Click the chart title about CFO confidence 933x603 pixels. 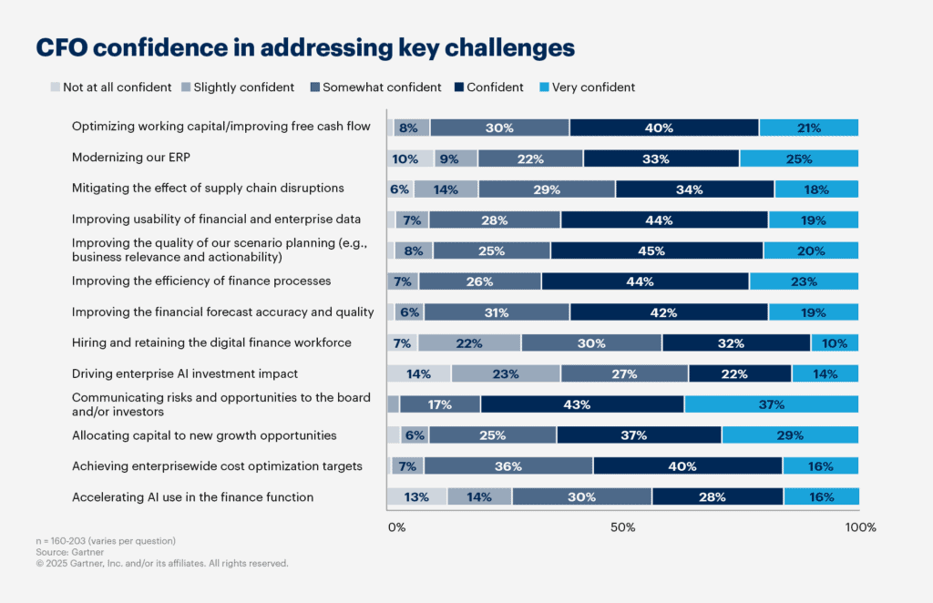tap(305, 47)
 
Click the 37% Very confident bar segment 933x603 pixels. tap(771, 404)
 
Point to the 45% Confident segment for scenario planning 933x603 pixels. tap(656, 250)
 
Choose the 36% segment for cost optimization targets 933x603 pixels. tap(508, 466)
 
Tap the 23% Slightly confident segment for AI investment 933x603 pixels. tap(506, 373)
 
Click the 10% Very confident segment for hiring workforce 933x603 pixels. tap(834, 343)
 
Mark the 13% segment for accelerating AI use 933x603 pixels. tap(416, 497)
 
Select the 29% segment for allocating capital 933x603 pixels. tap(789, 435)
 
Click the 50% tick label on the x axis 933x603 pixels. tap(622, 527)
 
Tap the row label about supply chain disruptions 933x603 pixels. tap(208, 189)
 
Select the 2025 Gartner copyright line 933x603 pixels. tap(161, 563)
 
